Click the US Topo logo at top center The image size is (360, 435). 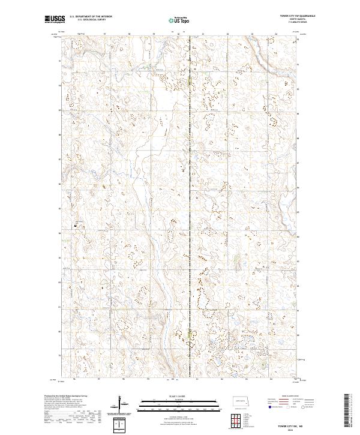pos(179,19)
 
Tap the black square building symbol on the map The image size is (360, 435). pos(76,225)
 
